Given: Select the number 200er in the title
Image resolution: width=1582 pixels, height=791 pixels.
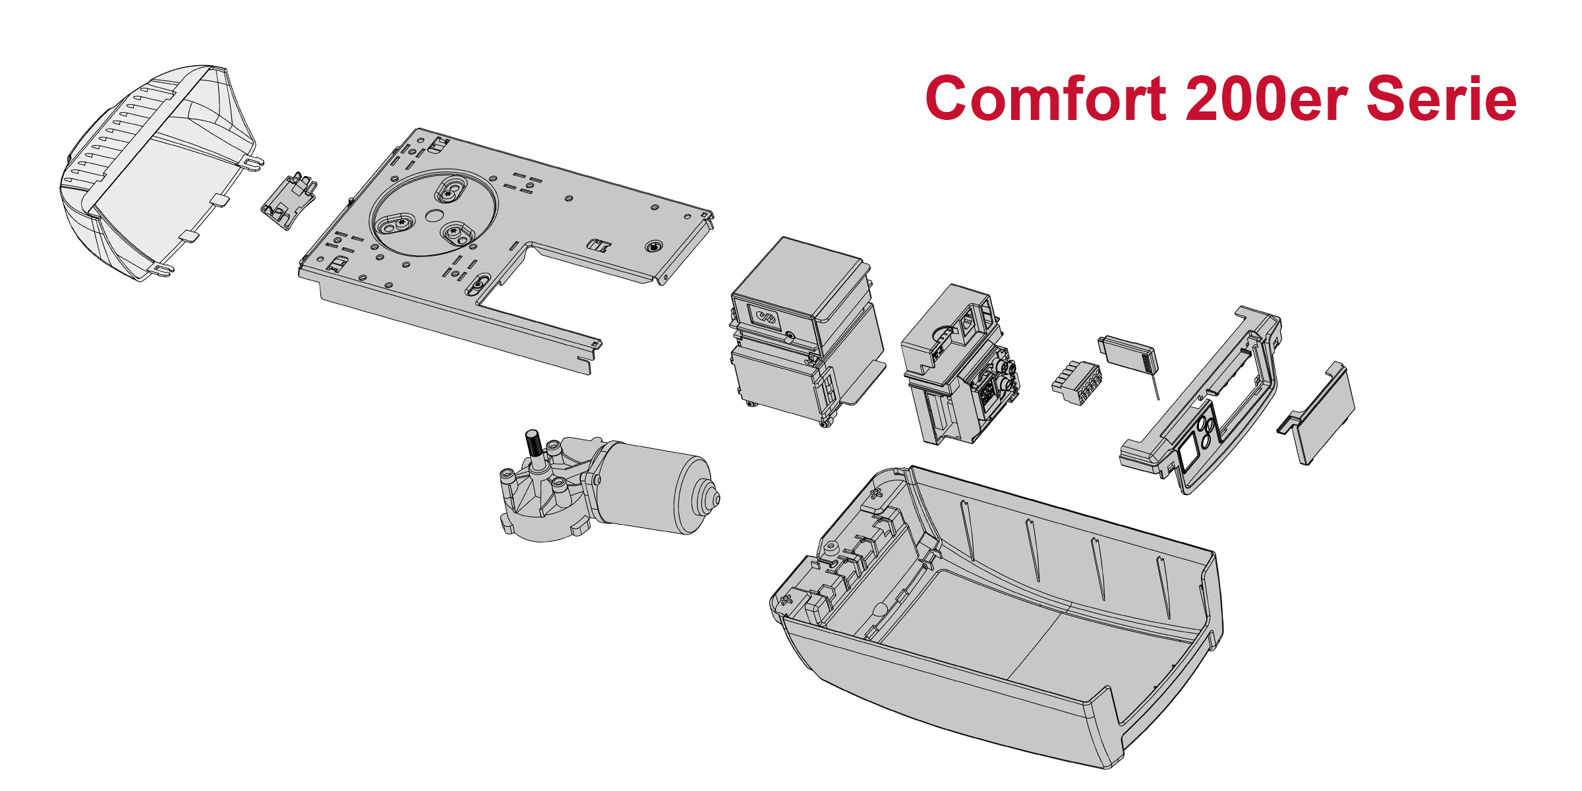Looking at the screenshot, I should (x=1266, y=99).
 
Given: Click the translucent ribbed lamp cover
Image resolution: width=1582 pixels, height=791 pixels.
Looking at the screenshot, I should (x=158, y=171).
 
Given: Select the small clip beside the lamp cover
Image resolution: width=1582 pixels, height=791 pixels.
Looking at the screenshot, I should (x=289, y=201).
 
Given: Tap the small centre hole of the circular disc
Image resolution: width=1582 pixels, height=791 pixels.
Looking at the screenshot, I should (x=434, y=216).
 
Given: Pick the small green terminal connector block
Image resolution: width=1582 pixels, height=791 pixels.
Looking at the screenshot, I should (x=1076, y=382).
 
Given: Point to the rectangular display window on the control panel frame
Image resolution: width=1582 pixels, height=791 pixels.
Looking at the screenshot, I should (x=1190, y=454).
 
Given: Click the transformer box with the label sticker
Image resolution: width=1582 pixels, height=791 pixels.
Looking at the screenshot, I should (x=804, y=330).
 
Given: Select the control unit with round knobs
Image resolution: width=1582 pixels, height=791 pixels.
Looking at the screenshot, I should (x=959, y=366).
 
